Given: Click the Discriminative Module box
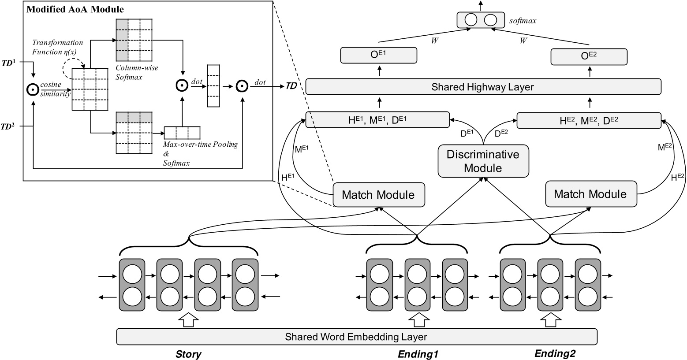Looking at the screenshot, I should [x=483, y=161].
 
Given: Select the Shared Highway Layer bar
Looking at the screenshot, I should [x=483, y=87].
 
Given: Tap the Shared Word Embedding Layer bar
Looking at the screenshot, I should [x=356, y=337].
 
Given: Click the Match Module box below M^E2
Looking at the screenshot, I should [x=590, y=194].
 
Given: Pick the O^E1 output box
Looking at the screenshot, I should [x=379, y=55].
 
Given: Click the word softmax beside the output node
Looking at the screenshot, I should [x=523, y=20].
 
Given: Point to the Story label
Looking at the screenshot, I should [x=188, y=354].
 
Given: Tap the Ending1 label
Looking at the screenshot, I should [x=418, y=354].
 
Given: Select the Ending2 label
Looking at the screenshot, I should [x=555, y=353].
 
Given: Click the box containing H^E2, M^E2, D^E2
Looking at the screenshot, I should [x=589, y=120].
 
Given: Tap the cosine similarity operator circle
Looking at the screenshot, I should [x=33, y=90].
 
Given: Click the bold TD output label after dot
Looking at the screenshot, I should [x=291, y=86].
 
